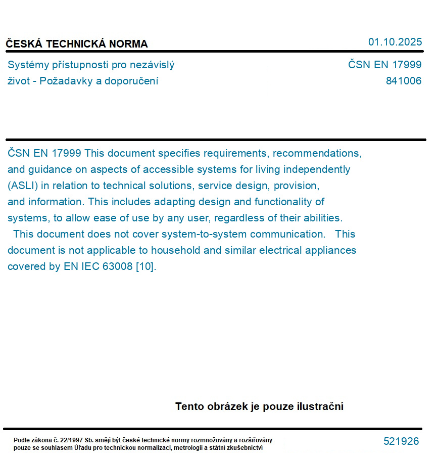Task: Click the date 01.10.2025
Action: click(x=395, y=42)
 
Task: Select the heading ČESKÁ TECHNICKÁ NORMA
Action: click(x=77, y=44)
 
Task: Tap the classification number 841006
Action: click(x=403, y=81)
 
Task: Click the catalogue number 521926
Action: click(x=401, y=441)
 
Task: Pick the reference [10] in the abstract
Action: click(x=145, y=266)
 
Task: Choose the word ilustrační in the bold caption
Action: click(x=319, y=406)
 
